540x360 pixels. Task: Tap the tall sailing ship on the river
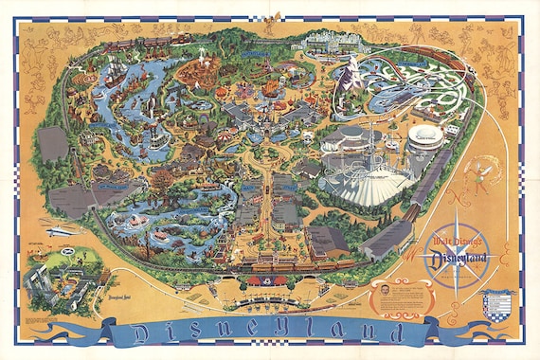[113, 71]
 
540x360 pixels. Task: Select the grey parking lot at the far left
[53, 144]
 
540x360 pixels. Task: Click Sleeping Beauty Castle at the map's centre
[257, 112]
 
